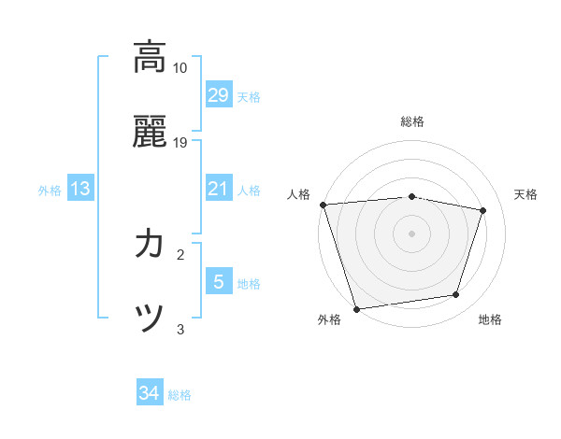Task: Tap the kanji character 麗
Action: click(149, 132)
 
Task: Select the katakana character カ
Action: click(149, 245)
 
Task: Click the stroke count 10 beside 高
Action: click(180, 68)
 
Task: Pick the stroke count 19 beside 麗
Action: click(180, 143)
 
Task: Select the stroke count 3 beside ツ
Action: click(180, 329)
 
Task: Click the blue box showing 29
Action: click(218, 95)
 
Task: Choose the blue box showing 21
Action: click(218, 189)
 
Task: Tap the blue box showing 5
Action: click(218, 282)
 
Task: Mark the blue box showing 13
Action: click(79, 190)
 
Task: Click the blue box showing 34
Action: click(149, 394)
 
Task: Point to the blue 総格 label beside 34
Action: click(180, 395)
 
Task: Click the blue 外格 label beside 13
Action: click(50, 191)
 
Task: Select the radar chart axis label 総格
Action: click(412, 121)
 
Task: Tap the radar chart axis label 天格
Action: click(525, 194)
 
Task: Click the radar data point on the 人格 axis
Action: click(323, 205)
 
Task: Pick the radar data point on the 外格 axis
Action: click(356, 308)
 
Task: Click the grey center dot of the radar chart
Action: click(411, 233)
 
